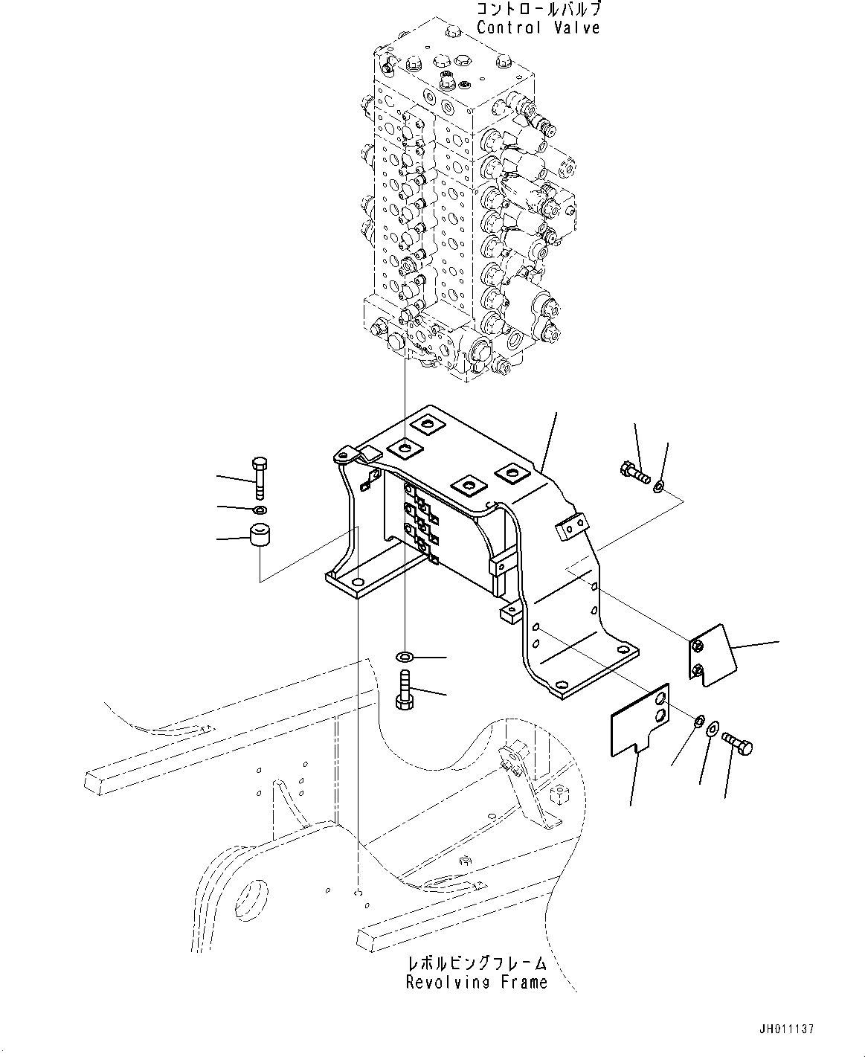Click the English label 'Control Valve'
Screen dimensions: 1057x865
point(538,28)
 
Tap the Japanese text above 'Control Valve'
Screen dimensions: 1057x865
point(538,10)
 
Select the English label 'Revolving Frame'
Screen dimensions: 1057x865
point(476,982)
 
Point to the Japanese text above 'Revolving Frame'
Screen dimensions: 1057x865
point(476,964)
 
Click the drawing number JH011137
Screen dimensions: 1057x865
point(787,1030)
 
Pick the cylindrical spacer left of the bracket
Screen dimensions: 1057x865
point(260,536)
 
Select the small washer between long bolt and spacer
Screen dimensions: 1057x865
point(259,510)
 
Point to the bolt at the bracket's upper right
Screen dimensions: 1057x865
point(632,469)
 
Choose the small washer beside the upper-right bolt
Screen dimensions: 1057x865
point(658,487)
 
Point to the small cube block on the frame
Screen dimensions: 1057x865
point(559,796)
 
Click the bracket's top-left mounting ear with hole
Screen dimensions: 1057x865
point(345,454)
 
